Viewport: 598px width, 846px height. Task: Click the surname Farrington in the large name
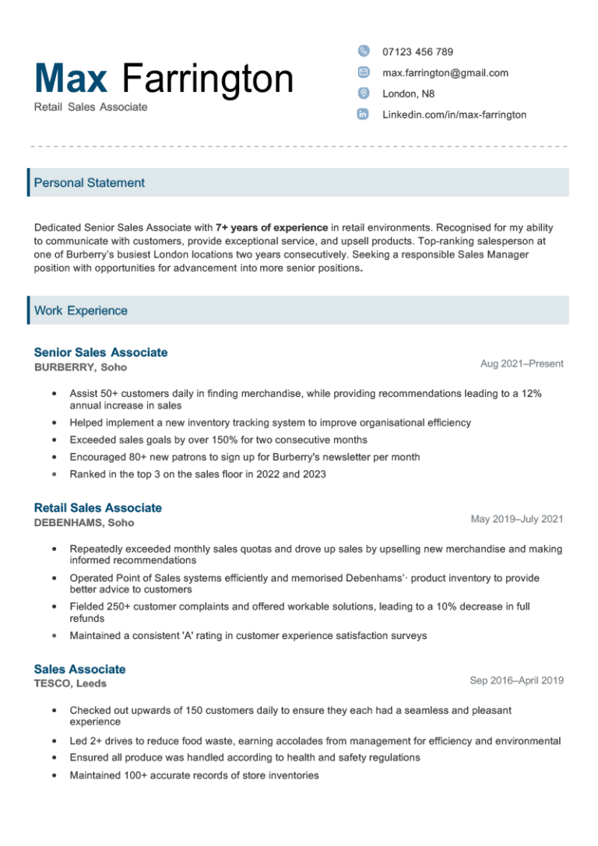point(208,79)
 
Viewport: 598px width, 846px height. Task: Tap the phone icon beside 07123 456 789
point(363,51)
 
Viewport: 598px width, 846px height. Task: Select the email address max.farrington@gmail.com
point(445,72)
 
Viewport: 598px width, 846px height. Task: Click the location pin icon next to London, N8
point(363,93)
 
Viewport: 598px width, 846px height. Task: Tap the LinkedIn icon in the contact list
point(363,114)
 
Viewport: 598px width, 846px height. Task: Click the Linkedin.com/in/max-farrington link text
point(454,114)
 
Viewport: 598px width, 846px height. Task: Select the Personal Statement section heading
point(90,183)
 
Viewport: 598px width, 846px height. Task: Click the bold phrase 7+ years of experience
point(272,227)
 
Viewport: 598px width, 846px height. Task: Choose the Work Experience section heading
point(81,311)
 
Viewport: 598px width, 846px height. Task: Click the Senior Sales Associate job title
point(100,353)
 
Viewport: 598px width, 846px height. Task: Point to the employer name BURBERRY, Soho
point(80,367)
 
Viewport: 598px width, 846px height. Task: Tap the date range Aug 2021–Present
point(522,363)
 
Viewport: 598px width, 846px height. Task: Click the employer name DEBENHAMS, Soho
point(84,523)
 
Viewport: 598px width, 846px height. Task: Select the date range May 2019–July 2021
point(517,519)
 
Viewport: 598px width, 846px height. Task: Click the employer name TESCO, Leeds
point(70,684)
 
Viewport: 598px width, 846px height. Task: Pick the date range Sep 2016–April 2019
point(516,680)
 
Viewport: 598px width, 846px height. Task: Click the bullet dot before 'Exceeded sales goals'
point(53,440)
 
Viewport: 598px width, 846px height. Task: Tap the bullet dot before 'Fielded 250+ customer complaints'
point(53,606)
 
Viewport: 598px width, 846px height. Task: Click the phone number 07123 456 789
point(417,51)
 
